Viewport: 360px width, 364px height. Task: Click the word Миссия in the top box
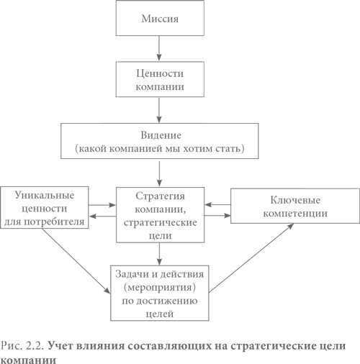pos(160,19)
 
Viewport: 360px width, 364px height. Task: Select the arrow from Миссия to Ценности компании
pos(159,48)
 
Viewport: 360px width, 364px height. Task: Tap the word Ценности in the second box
pos(160,73)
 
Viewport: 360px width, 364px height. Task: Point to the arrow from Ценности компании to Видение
pos(159,110)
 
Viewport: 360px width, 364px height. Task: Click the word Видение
pos(161,135)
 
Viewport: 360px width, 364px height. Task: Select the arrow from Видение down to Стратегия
pos(159,173)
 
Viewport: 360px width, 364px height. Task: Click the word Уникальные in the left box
pos(45,195)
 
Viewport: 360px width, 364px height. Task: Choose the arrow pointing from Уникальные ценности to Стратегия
pos(102,205)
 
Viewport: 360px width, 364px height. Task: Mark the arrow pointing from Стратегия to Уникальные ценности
pos(103,216)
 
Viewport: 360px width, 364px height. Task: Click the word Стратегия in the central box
pos(160,196)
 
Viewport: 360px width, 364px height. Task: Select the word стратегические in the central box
pos(161,222)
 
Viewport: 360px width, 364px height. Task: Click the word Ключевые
pos(295,200)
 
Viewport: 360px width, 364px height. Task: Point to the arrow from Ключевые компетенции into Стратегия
pos(217,204)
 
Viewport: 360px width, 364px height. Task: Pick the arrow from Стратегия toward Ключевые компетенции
pos(217,215)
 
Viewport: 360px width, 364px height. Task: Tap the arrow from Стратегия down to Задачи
pos(159,254)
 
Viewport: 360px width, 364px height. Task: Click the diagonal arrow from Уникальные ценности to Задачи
pos(76,261)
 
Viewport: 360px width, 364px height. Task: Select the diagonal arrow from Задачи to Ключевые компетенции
pos(251,258)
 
